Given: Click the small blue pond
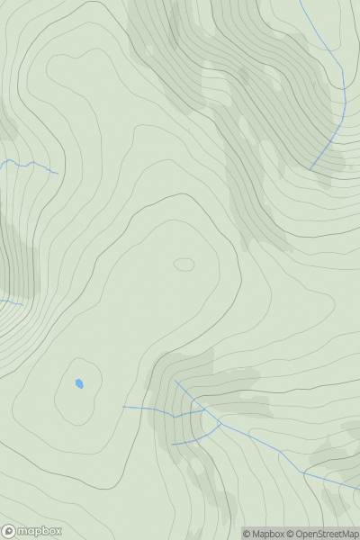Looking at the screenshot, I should [x=79, y=383].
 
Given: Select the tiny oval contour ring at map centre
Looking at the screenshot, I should [x=184, y=265].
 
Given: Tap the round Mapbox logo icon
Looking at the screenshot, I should [x=9, y=531].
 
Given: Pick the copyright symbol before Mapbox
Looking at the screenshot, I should [x=247, y=534].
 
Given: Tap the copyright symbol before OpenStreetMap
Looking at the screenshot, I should [x=292, y=534].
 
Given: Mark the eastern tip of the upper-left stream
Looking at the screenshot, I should [x=58, y=173].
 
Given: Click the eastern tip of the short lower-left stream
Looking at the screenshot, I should [x=22, y=304].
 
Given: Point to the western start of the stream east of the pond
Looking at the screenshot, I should [x=123, y=407].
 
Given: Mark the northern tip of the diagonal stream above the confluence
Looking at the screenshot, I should [x=174, y=380].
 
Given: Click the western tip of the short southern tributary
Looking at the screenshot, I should [x=172, y=445].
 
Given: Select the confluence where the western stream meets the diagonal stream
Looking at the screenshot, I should [x=203, y=411].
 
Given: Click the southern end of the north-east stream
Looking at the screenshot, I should [x=310, y=168].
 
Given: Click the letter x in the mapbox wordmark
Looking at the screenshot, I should [x=57, y=531].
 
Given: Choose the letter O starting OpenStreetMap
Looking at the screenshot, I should [x=300, y=534].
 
